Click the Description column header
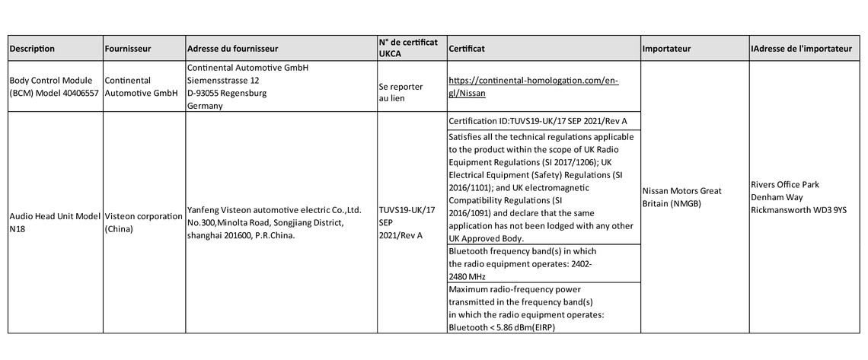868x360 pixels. click(x=32, y=49)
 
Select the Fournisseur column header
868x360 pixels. click(x=128, y=49)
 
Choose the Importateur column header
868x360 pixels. click(x=666, y=49)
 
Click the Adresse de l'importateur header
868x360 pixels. click(x=801, y=49)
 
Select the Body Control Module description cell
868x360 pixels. click(x=53, y=86)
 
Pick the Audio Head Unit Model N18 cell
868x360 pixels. click(x=54, y=221)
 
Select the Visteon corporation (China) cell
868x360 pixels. click(x=143, y=221)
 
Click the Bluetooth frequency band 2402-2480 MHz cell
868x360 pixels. click(x=522, y=263)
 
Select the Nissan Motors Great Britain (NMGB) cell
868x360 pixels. click(x=681, y=196)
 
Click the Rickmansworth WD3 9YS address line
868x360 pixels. click(x=798, y=209)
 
